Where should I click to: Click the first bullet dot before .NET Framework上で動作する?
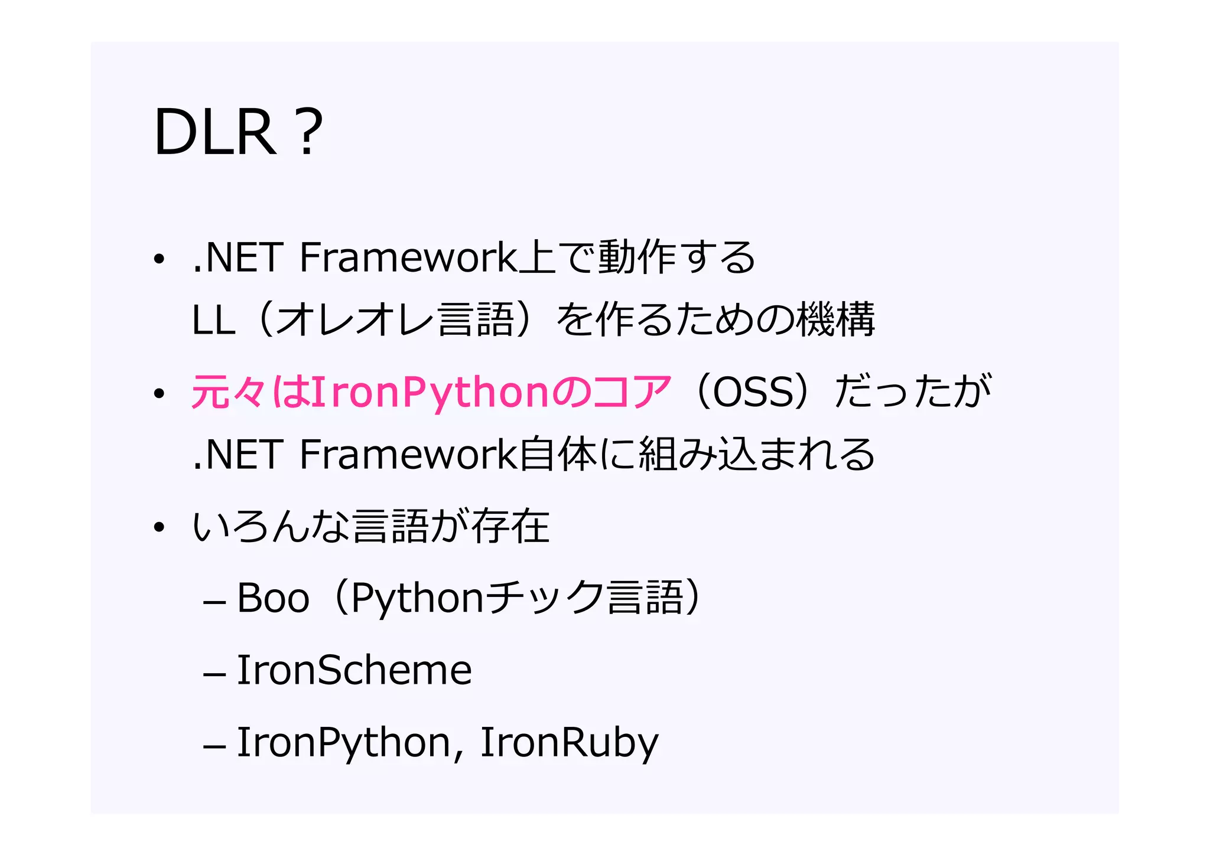point(158,259)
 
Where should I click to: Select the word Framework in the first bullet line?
point(408,258)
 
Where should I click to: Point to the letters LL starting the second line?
point(213,321)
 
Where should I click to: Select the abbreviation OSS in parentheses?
point(755,392)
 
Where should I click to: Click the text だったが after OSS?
point(913,392)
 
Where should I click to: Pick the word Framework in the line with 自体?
point(408,455)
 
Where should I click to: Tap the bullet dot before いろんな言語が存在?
point(158,527)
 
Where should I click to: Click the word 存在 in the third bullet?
point(510,526)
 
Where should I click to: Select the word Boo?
point(273,598)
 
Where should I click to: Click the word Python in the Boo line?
point(418,598)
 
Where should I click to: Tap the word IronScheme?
point(354,670)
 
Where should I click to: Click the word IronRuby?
point(569,742)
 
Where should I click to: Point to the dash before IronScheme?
point(214,674)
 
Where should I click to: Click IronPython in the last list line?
point(344,742)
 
